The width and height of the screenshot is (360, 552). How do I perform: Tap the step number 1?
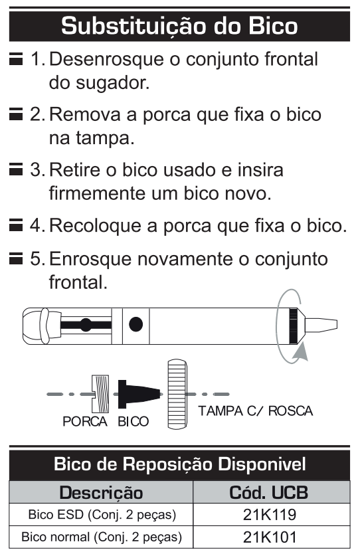pyautogui.click(x=37, y=59)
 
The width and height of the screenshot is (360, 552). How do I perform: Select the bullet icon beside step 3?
pyautogui.click(x=16, y=169)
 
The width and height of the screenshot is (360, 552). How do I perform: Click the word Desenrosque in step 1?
pyautogui.click(x=107, y=60)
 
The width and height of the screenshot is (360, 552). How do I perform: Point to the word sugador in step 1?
pyautogui.click(x=113, y=84)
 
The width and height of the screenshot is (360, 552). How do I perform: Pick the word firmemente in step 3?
pyautogui.click(x=98, y=193)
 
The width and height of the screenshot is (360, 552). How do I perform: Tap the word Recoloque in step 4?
pyautogui.click(x=96, y=226)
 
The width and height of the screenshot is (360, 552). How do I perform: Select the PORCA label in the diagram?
pyautogui.click(x=85, y=421)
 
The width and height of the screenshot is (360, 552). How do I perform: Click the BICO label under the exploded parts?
pyautogui.click(x=133, y=421)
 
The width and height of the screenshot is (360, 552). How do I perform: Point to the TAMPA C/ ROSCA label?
pyautogui.click(x=256, y=411)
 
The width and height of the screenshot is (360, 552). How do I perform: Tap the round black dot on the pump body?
pyautogui.click(x=136, y=324)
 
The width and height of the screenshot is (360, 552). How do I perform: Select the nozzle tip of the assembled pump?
pyautogui.click(x=321, y=325)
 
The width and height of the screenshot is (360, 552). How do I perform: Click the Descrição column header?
pyautogui.click(x=101, y=492)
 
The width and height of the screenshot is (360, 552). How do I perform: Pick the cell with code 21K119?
pyautogui.click(x=271, y=515)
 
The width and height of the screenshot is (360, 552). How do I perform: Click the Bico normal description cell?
pyautogui.click(x=101, y=537)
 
